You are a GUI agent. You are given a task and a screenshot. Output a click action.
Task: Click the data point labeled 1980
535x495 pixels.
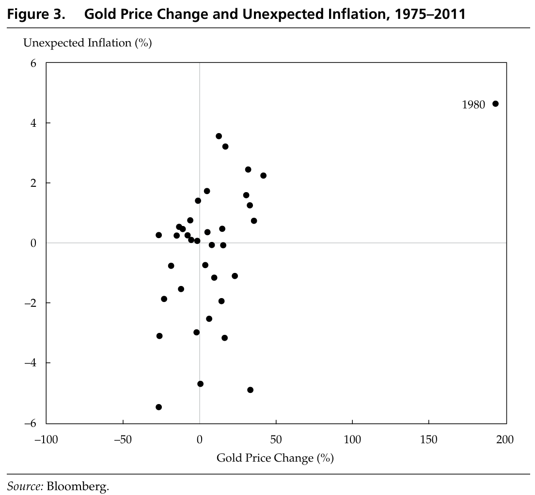495,104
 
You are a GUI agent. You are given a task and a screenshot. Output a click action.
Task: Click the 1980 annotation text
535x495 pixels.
473,105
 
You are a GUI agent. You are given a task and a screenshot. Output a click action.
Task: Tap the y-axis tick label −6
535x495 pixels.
31,423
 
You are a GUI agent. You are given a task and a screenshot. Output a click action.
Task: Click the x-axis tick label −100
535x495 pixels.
46,439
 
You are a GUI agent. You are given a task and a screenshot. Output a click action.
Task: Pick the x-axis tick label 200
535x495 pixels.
505,439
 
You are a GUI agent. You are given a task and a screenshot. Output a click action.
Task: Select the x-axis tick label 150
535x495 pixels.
429,439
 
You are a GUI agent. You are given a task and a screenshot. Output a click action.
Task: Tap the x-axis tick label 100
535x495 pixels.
352,439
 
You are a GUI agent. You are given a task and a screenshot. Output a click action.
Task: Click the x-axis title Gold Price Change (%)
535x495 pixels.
275,458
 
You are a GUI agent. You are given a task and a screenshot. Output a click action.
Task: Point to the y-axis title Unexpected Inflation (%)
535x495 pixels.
88,43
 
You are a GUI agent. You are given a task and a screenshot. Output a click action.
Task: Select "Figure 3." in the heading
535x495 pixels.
37,14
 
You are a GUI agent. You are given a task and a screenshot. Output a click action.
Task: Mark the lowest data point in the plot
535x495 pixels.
158,407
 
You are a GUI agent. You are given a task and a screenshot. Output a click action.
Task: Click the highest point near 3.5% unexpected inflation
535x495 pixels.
219,136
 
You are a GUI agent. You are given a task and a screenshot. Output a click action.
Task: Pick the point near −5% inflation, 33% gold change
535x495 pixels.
250,390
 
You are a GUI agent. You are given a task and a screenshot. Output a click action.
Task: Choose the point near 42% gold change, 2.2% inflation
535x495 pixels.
263,175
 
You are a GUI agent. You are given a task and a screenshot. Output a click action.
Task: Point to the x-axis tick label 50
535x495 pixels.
276,439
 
